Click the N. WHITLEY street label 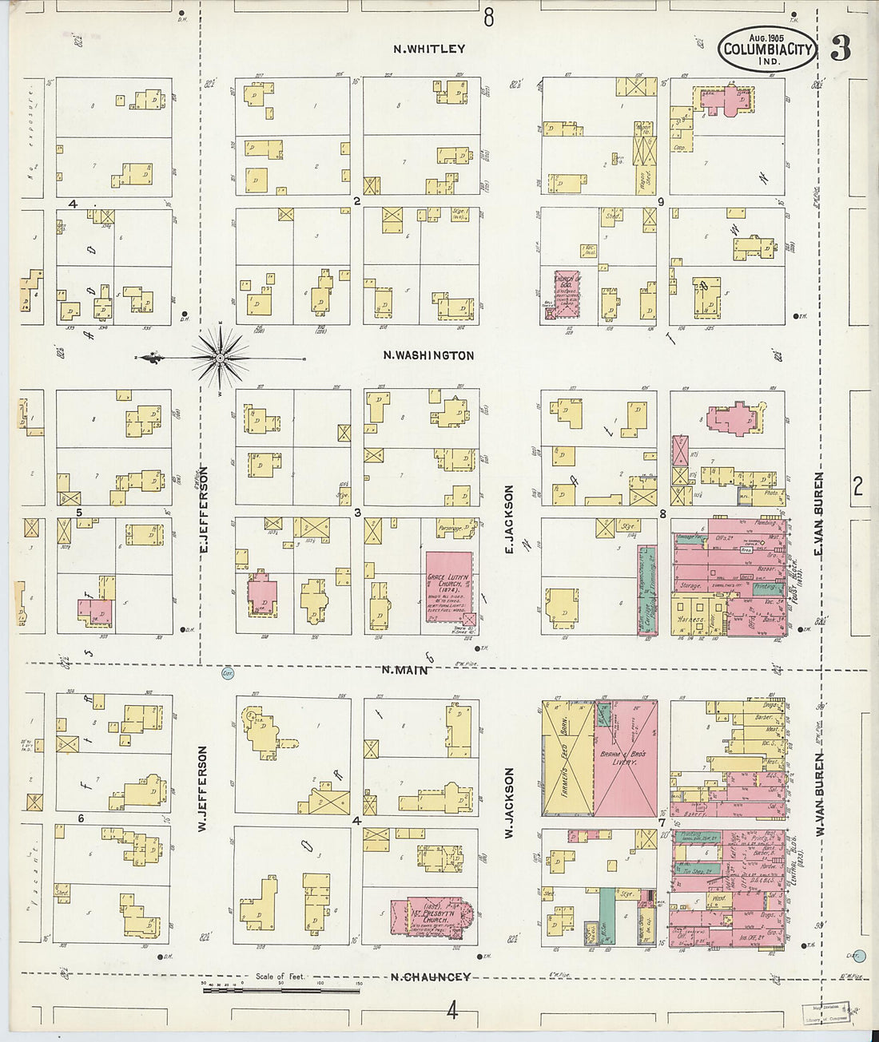point(429,49)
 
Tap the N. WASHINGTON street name point(428,356)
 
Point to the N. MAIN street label point(404,670)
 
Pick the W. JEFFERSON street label point(202,789)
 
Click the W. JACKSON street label point(508,802)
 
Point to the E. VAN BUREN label point(818,514)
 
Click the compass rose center point(221,359)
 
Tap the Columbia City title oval point(768,49)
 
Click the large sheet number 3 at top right point(840,49)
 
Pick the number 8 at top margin point(488,16)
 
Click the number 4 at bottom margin point(452,1012)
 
